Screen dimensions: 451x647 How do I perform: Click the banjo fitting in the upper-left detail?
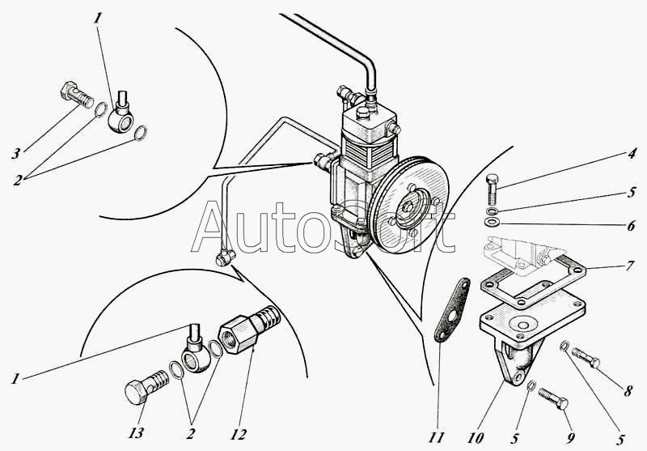pyautogui.click(x=124, y=115)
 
